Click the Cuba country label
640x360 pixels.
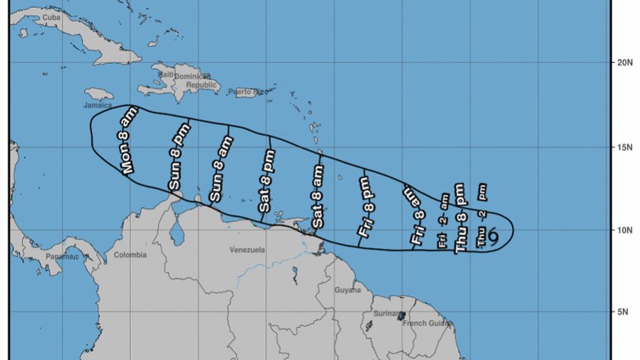51,17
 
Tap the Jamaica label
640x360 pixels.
99,105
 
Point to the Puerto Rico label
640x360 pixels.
246,92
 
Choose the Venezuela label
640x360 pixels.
247,251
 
